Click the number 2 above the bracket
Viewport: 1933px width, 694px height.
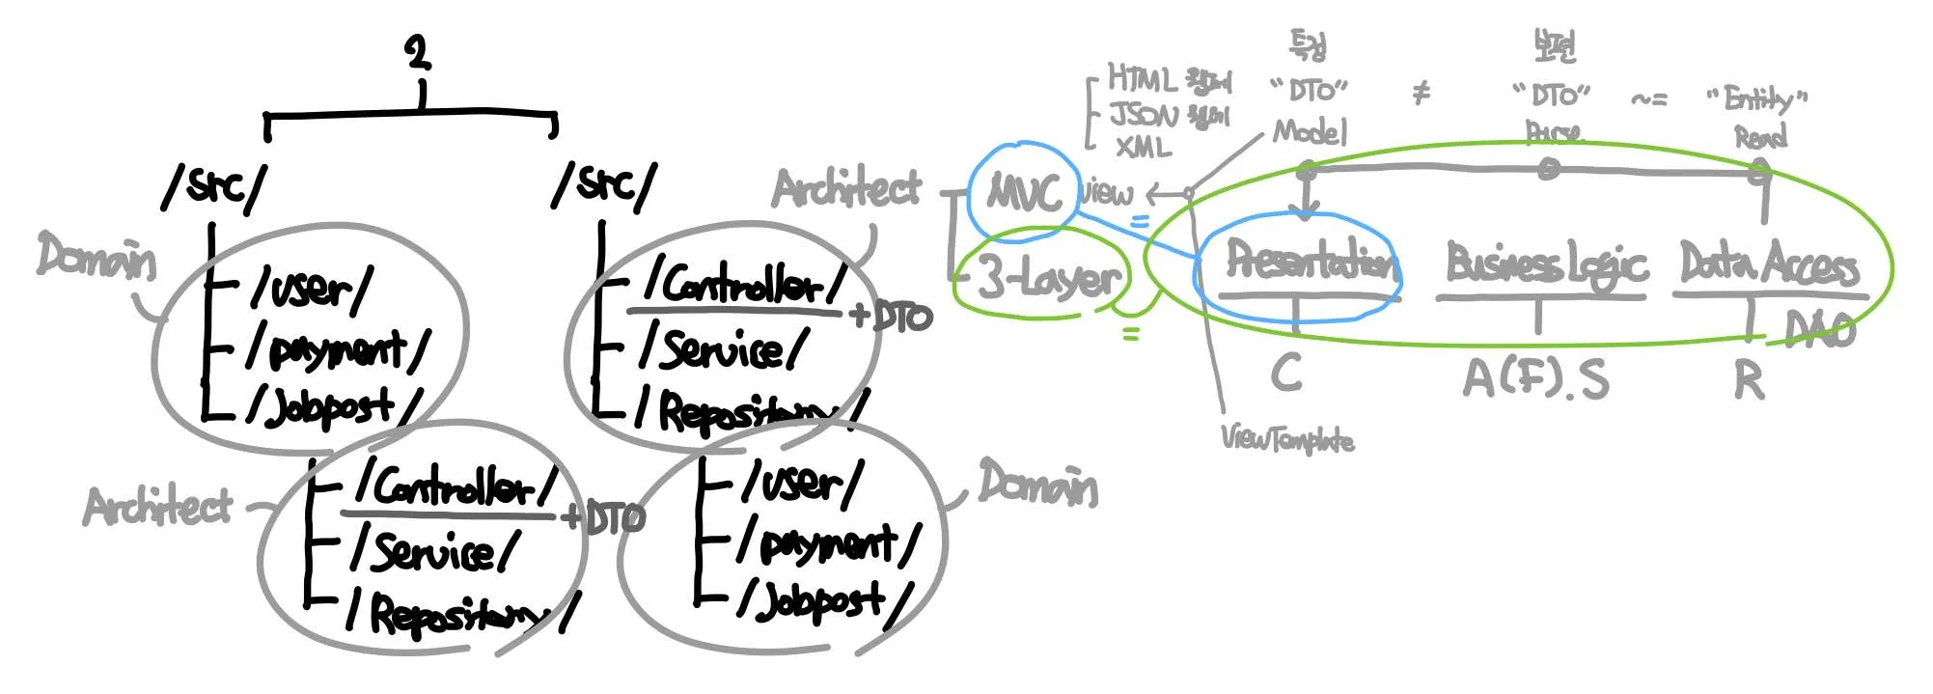coord(418,52)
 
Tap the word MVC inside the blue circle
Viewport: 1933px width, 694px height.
coord(1025,193)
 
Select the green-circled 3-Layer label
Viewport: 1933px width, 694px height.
coord(1048,277)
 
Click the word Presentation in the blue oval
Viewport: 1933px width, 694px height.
coord(1310,261)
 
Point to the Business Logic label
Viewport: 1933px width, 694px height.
coord(1544,264)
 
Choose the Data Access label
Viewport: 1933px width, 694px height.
coord(1768,264)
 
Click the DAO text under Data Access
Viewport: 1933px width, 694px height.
coord(1819,329)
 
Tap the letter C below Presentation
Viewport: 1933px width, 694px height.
coord(1286,373)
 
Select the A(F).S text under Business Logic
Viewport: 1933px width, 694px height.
coord(1535,378)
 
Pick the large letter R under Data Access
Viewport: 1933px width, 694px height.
coord(1749,380)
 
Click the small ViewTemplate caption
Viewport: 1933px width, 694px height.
coord(1287,439)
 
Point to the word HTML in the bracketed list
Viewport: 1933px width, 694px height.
coord(1141,77)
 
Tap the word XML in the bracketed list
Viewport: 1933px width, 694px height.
coord(1143,147)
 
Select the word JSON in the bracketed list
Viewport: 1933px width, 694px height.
coord(1144,115)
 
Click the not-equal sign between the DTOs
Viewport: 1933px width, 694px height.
coord(1421,93)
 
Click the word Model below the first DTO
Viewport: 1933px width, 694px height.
coord(1309,130)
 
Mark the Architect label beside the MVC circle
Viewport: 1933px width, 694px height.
coord(846,188)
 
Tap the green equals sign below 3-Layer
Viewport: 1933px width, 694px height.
coord(1130,334)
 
